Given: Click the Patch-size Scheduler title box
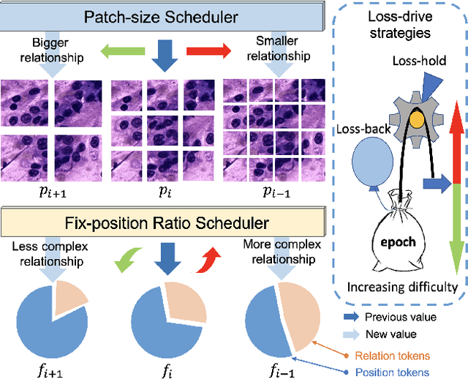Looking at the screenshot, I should pyautogui.click(x=157, y=16).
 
